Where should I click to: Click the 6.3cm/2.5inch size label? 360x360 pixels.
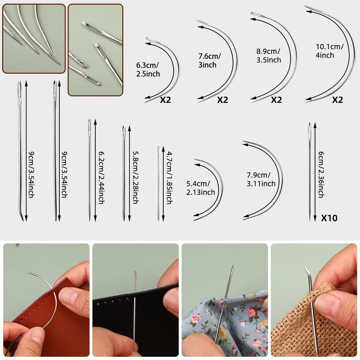pos(148,69)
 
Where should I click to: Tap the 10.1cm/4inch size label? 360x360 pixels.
pos(329,51)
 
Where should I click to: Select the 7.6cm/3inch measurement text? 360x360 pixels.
pos(209,60)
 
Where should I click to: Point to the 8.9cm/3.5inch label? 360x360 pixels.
pos(269,55)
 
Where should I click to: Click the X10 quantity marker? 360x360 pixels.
pos(329,218)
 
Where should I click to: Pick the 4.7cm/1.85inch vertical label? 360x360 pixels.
pos(169,177)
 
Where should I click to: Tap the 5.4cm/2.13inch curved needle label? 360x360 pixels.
pos(200,188)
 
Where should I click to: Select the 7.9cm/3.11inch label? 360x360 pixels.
pos(261,179)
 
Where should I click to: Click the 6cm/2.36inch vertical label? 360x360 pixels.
pos(321,175)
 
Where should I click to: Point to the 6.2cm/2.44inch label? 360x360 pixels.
pos(101,177)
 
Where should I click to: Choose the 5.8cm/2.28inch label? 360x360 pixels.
pos(135,177)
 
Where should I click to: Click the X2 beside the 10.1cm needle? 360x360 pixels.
pos(337,99)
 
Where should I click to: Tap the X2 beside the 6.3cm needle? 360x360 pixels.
pos(165,99)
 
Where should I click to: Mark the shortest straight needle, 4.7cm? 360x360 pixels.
pos(158,184)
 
